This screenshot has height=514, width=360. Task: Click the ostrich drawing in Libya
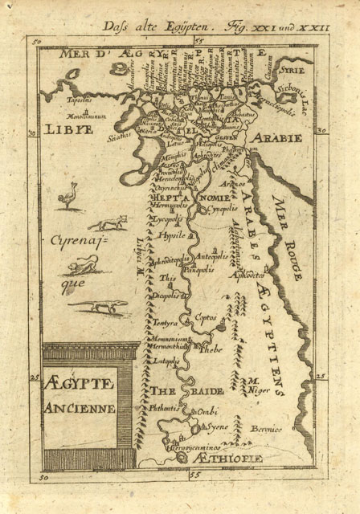click(67, 195)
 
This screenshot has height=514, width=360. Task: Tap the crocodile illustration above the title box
click(96, 305)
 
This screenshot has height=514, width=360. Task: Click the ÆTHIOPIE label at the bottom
click(236, 458)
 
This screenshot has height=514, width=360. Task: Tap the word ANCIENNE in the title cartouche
click(80, 408)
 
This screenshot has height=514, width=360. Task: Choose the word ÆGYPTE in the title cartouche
click(79, 383)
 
